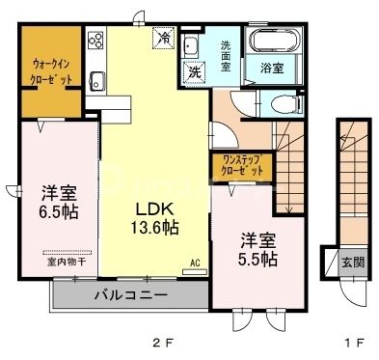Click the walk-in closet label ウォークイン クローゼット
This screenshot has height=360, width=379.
coord(45,69)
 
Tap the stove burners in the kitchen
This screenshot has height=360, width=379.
coord(96,42)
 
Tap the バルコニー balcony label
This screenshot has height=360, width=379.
coord(131,295)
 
